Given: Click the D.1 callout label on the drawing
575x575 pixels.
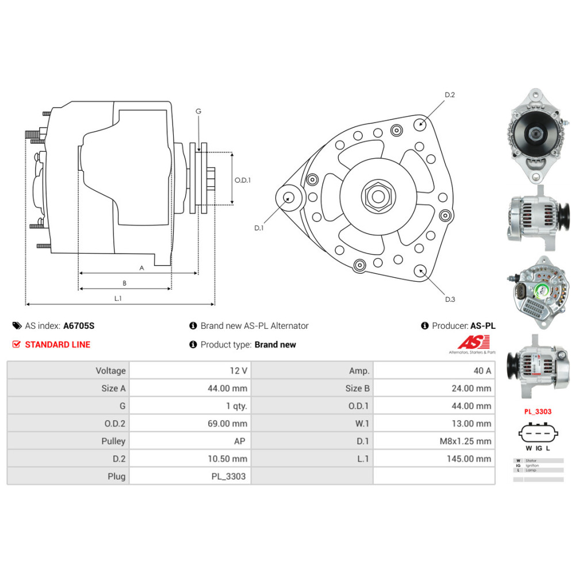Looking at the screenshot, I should point(259,228).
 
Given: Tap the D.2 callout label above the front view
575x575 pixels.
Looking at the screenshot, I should point(450,95).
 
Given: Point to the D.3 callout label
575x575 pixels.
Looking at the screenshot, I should point(450,299).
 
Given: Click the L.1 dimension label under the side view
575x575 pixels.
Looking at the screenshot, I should point(118,298).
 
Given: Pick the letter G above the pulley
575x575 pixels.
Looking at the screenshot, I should point(198,111).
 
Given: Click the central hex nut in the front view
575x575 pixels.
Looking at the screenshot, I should point(378,196).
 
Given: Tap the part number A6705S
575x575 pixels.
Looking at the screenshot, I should point(79,325).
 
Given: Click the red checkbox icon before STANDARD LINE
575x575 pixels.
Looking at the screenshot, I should point(16,344).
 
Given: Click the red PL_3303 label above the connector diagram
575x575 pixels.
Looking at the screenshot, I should point(538,412).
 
